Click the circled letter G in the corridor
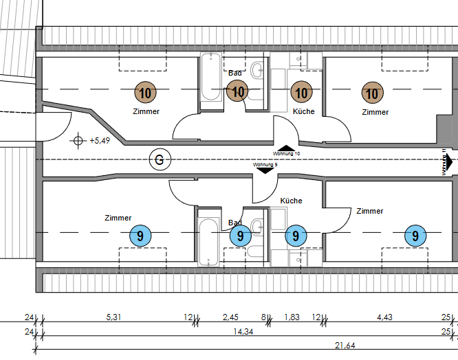point(160,160)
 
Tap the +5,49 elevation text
point(100,141)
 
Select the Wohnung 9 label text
point(265,165)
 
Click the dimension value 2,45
point(230,317)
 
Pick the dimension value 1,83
point(292,317)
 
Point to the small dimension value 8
point(263,317)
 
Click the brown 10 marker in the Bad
point(237,91)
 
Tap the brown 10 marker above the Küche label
point(301,91)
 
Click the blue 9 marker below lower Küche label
point(296,236)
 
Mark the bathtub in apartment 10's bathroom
point(210,80)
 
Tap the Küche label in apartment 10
point(303,111)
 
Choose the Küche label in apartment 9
point(291,201)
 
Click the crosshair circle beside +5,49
point(78,141)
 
